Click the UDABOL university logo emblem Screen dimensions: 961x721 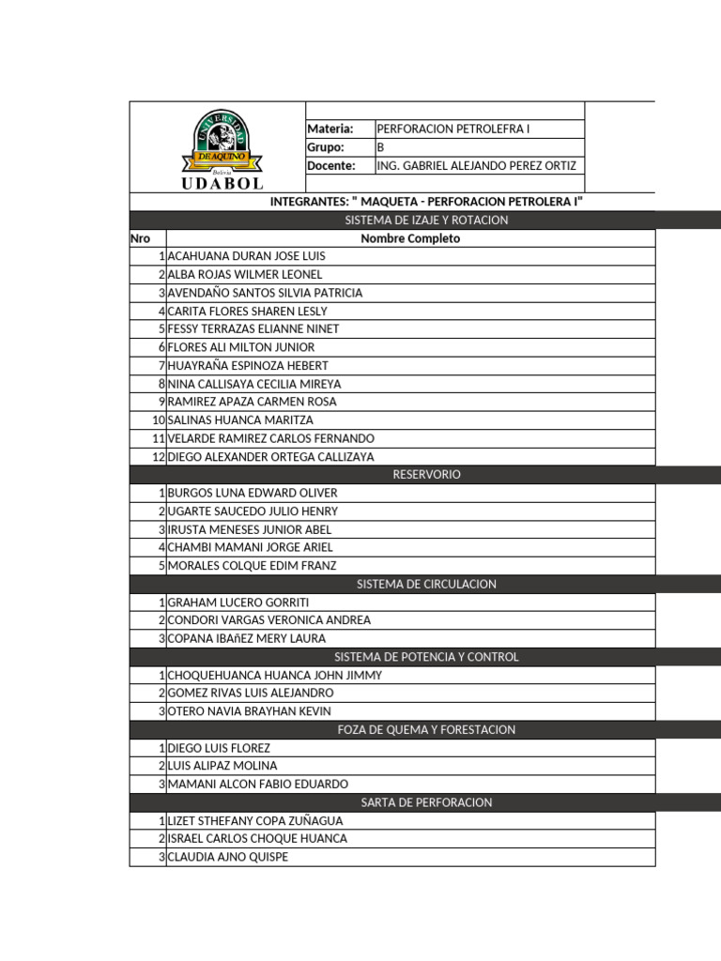pos(222,147)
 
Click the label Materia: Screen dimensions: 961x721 pos(330,129)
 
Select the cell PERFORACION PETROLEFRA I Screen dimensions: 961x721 pos(453,129)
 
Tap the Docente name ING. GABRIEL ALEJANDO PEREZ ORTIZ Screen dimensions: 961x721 pos(475,166)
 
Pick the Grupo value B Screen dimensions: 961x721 pos(380,147)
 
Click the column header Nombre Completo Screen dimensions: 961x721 pos(410,238)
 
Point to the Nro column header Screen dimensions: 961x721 pos(140,238)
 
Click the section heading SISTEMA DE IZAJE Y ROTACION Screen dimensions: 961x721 pos(426,220)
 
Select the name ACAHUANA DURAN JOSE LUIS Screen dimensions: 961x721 pos(246,256)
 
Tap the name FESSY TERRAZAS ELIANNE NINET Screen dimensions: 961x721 pos(253,329)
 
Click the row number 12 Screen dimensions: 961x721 pos(158,457)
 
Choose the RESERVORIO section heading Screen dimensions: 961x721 pos(426,475)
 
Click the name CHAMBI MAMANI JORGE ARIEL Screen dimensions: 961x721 pos(250,547)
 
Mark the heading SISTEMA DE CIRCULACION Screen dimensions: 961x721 pos(426,584)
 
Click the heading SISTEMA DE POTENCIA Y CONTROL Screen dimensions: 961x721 pos(426,657)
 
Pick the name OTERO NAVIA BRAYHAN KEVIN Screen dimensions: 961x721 pos(249,711)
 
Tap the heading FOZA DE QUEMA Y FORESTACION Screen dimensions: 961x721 pos(426,729)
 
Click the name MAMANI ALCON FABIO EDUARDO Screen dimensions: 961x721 pos(257,784)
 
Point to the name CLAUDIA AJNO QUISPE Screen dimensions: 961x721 pos(227,857)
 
